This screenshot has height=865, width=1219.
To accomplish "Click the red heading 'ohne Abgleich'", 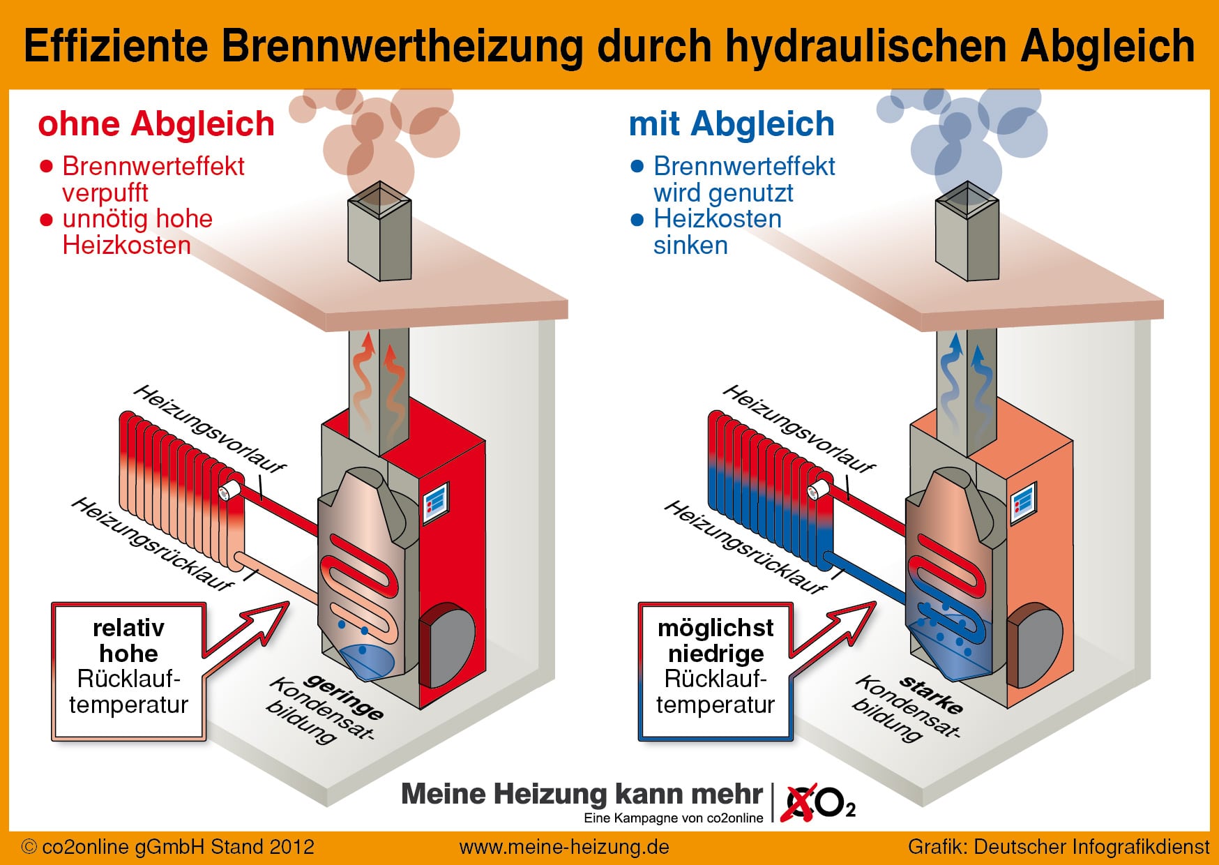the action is tap(156, 124).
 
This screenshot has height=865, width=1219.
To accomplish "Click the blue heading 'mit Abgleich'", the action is tap(732, 124).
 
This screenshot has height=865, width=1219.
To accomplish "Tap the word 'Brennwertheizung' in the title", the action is tap(402, 46).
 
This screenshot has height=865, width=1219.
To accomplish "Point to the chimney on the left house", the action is tap(379, 231).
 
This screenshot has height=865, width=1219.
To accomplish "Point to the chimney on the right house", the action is tap(967, 231).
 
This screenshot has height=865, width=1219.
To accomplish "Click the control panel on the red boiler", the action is tap(436, 500).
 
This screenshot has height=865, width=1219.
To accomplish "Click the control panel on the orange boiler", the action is tap(1023, 502).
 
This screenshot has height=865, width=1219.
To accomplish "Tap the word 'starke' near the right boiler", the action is tap(932, 693).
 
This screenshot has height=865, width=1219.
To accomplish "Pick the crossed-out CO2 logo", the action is tap(817, 803).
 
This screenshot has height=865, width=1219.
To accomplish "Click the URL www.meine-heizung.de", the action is tap(564, 847).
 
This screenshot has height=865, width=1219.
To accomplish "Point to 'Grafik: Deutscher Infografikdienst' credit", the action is tap(1059, 847).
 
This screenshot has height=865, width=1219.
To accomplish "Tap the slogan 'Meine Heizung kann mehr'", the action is tap(582, 794).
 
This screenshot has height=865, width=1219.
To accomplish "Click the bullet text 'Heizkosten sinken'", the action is tap(717, 232).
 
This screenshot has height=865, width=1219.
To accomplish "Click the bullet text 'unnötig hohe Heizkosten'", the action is tap(137, 232).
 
